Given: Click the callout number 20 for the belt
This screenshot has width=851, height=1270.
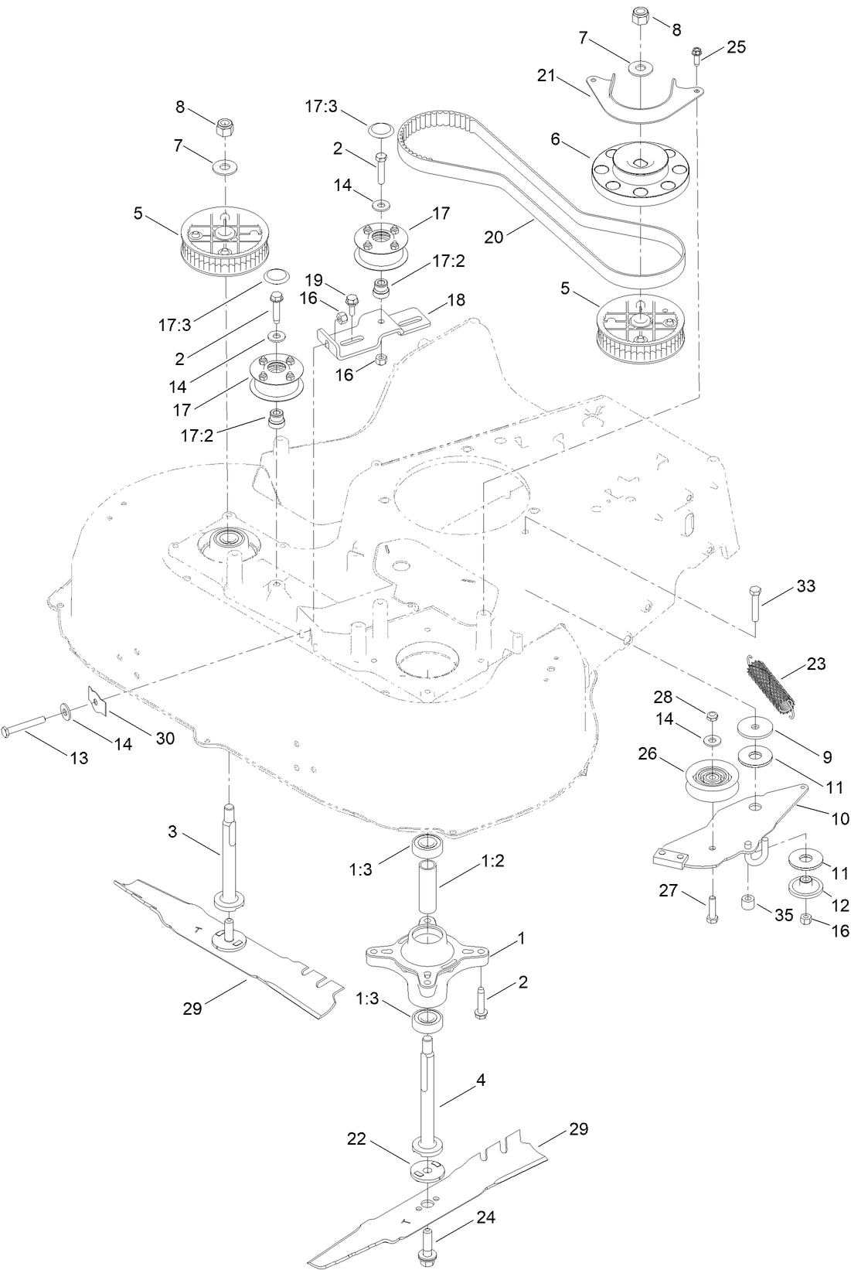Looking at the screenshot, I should coord(494,237).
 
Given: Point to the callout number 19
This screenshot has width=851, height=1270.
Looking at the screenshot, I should coord(312,279).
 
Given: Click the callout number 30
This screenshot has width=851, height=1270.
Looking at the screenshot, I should coord(165,738).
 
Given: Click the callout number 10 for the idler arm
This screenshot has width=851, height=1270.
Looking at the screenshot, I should coord(839,818).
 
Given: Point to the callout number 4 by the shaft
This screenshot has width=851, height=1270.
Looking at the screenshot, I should coord(481,1080).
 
